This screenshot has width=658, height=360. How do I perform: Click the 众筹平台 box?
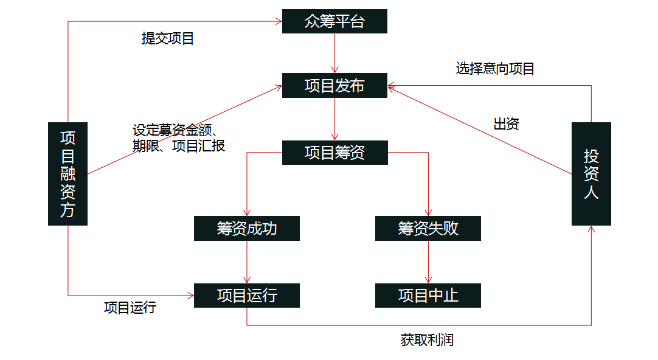click(334, 21)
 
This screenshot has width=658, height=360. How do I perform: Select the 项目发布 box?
click(334, 86)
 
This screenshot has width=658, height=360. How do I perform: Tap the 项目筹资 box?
click(334, 152)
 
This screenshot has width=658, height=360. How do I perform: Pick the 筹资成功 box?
click(246, 229)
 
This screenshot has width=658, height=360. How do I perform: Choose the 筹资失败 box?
click(428, 229)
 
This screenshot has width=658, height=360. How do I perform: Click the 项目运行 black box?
click(246, 296)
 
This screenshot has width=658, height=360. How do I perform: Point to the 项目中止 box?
click(428, 296)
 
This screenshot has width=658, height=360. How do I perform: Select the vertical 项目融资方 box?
click(68, 174)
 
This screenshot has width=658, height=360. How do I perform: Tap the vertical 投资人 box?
click(591, 174)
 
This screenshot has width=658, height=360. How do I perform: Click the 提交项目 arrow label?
click(168, 39)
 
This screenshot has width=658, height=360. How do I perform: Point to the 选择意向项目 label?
click(495, 69)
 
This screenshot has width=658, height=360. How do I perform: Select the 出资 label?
click(506, 125)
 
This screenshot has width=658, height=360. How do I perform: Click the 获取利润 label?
click(427, 340)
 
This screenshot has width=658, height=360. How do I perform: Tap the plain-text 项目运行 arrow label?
click(130, 308)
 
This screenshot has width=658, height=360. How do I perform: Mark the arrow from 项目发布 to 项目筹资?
click(334, 119)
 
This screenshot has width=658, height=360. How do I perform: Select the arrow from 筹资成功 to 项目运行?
click(247, 261)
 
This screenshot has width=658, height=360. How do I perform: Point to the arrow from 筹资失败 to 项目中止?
click(428, 261)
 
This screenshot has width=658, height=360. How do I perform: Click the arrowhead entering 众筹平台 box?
click(279, 21)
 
